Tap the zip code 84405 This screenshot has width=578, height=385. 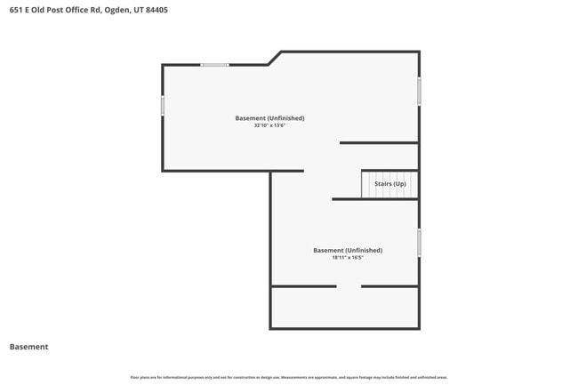click(x=153, y=10)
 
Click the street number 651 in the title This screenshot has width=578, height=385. click(x=15, y=10)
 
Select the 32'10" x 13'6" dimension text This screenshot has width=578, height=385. click(x=269, y=125)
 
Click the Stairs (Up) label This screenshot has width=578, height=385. click(x=389, y=184)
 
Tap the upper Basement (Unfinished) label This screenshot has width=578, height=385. click(x=269, y=118)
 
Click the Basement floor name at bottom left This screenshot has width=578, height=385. click(x=28, y=347)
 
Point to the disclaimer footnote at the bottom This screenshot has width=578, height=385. click(x=289, y=377)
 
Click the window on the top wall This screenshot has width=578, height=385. click(x=214, y=65)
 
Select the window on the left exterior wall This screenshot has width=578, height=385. click(x=162, y=105)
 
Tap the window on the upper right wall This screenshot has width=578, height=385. click(x=419, y=91)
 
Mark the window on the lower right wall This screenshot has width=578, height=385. click(x=419, y=243)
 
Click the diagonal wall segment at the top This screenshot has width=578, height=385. click(x=275, y=58)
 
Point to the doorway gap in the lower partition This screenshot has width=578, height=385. click(x=349, y=286)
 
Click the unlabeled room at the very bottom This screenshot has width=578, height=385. click(x=345, y=308)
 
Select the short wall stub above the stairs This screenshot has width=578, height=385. click(x=379, y=142)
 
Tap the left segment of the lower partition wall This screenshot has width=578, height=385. click(x=303, y=286)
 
